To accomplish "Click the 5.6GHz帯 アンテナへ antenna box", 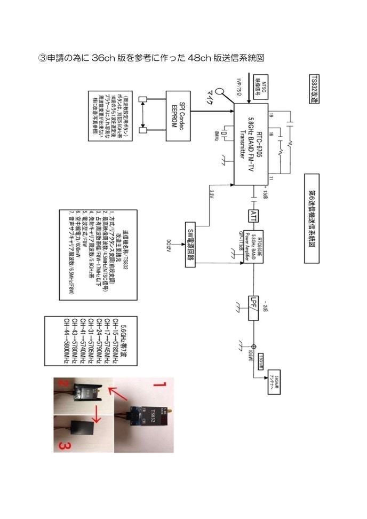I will tap(277, 382).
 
